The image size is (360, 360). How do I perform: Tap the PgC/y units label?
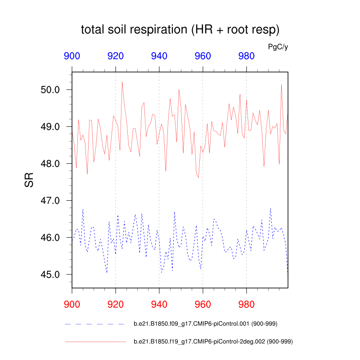[x=278, y=46]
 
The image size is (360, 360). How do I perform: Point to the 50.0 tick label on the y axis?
[x=51, y=90]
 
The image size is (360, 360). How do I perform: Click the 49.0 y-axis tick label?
[x=51, y=126]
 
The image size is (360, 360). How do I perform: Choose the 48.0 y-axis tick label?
[x=51, y=163]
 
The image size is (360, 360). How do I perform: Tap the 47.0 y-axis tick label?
[x=51, y=200]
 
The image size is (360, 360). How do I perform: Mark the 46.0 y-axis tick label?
[x=51, y=237]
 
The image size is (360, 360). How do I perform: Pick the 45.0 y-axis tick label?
[x=51, y=274]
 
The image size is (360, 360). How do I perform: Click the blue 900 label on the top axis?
[x=72, y=56]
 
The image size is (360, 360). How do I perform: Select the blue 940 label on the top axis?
[x=159, y=56]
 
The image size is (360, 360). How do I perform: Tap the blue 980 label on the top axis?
[x=246, y=56]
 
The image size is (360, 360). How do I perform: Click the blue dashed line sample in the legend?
[x=94, y=324]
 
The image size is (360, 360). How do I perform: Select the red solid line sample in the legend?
[x=94, y=342]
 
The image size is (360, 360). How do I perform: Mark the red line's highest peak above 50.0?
[x=122, y=82]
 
